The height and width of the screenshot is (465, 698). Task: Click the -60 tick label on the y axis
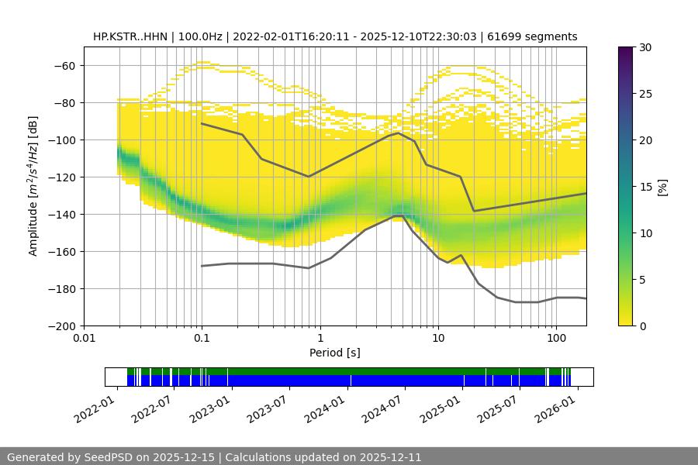point(64,65)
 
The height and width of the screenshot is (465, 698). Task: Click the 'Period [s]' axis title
point(335,353)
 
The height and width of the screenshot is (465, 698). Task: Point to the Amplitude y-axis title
point(33,186)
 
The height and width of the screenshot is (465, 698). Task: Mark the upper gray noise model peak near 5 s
point(399,133)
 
